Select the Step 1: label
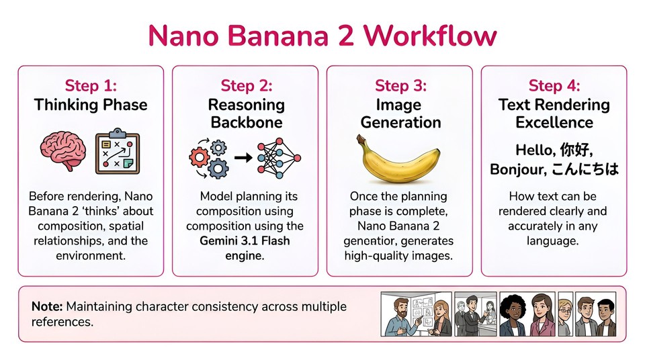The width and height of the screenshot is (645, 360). [91, 86]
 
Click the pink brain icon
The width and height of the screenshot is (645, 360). [61, 152]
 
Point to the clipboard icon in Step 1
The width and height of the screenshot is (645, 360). [117, 152]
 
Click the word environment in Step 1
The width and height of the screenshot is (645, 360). [91, 256]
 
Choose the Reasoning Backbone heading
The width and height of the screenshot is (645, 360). [246, 114]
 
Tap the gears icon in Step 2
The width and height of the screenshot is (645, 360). [208, 159]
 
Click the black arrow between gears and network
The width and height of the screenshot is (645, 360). [243, 159]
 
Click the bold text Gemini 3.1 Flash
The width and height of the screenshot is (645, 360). [245, 241]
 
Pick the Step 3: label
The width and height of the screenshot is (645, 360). [400, 86]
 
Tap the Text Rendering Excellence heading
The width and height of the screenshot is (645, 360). [554, 114]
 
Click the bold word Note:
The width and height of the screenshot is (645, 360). [47, 306]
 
